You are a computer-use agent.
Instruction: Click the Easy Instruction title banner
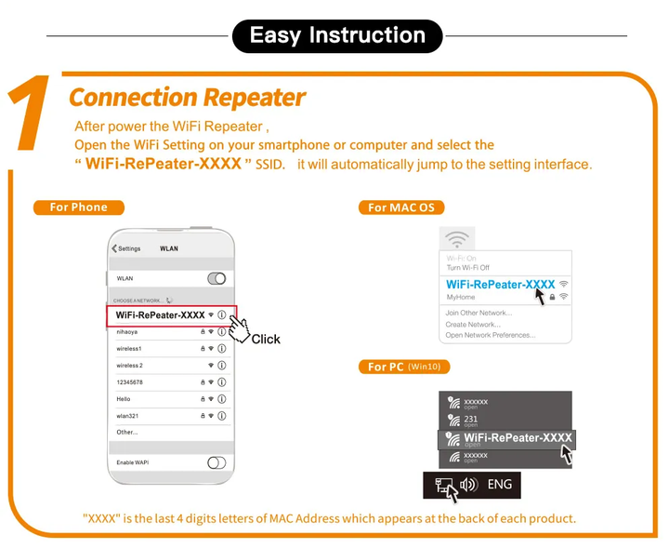click(x=337, y=36)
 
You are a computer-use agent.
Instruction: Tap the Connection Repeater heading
click(x=187, y=97)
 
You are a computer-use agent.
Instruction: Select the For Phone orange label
click(x=79, y=207)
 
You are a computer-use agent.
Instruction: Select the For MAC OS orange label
click(x=400, y=207)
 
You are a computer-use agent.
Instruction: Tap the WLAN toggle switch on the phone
click(x=216, y=278)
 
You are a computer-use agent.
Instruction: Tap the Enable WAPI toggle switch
click(x=216, y=462)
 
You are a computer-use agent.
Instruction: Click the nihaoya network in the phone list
click(x=127, y=331)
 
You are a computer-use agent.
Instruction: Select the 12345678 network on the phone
click(x=130, y=381)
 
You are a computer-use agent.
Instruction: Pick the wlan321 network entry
click(x=127, y=416)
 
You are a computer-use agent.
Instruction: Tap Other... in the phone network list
click(x=127, y=433)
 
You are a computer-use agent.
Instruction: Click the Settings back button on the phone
click(x=126, y=248)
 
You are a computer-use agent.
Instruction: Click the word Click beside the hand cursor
click(x=266, y=340)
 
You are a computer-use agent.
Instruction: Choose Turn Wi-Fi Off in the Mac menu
click(x=467, y=267)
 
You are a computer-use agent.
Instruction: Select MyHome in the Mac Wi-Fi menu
click(x=461, y=297)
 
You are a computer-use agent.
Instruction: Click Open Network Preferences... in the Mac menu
click(x=490, y=335)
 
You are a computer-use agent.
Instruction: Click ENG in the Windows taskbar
click(x=500, y=485)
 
